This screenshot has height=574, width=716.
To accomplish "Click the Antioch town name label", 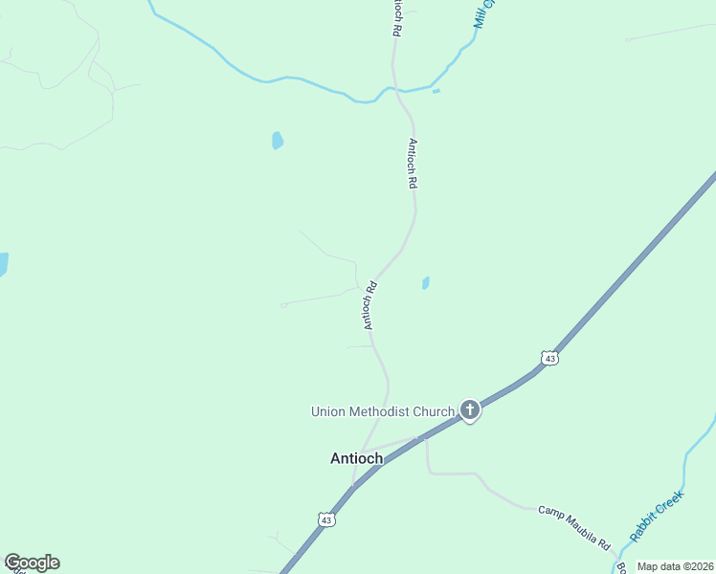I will [356, 458].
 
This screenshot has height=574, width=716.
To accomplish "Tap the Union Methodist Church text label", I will [382, 411].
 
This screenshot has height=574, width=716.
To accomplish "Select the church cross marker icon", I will [469, 410].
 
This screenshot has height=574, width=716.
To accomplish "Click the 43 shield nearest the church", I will [548, 358].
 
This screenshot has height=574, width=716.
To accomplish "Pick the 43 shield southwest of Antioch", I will [327, 519].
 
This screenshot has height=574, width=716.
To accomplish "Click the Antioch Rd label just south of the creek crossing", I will [413, 163].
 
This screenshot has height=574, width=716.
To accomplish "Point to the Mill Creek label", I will [486, 13].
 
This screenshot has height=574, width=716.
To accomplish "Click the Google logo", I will [32, 563].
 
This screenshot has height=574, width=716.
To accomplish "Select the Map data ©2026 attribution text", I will [676, 566].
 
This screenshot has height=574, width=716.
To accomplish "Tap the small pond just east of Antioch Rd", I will [425, 283].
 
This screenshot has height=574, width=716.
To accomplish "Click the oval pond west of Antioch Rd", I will [277, 141].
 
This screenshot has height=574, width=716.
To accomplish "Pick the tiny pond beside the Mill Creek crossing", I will [436, 92].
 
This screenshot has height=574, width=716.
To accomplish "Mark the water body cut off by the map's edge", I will [3, 264].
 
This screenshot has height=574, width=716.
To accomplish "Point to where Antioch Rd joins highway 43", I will [354, 484].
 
